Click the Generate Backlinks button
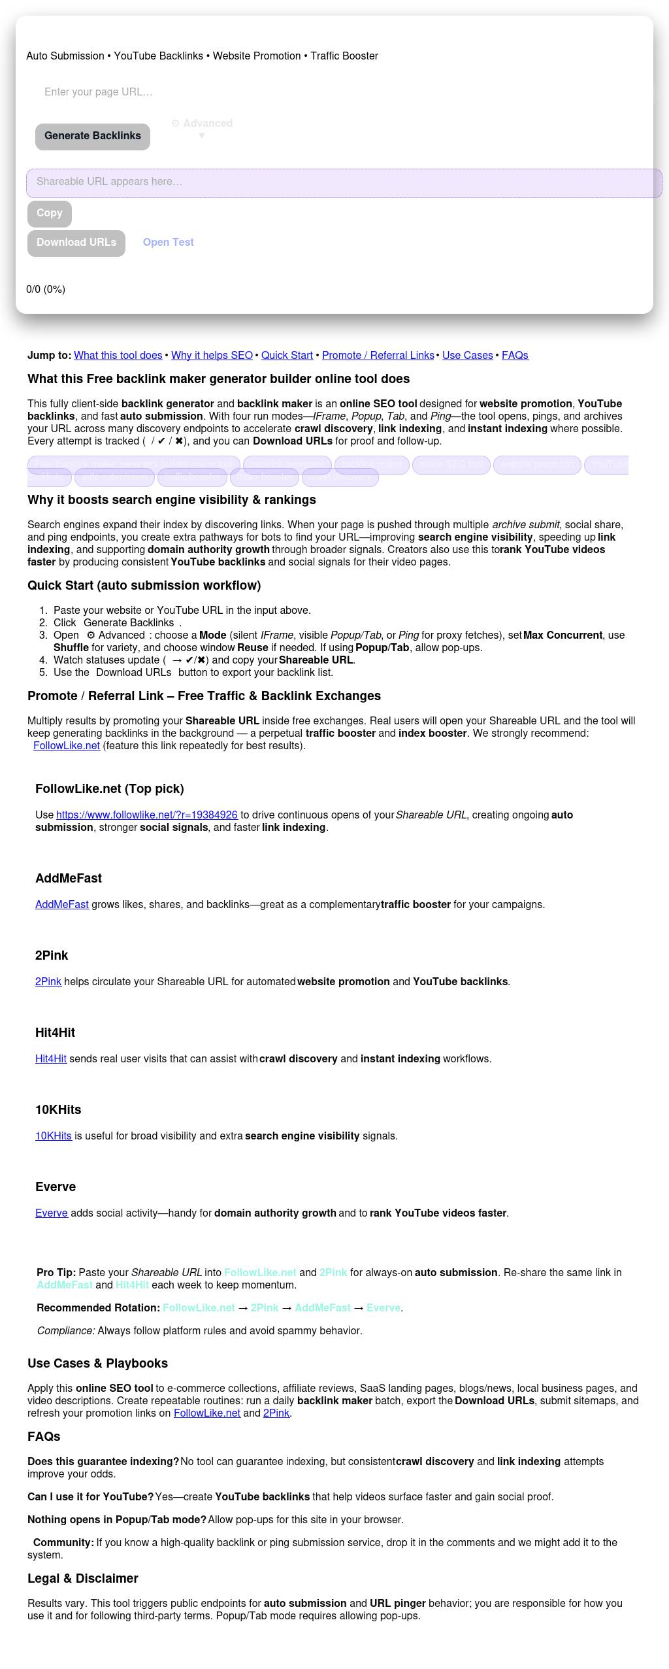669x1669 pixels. point(93,136)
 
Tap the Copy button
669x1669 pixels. point(50,213)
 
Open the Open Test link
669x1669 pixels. point(168,243)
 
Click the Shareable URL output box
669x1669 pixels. point(344,182)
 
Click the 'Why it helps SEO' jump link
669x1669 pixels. point(212,356)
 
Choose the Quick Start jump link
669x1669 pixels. point(287,356)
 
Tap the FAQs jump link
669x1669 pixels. point(515,356)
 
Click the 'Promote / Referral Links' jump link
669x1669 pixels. point(378,356)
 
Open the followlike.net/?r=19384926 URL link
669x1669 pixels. point(147,815)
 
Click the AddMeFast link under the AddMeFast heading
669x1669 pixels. point(62,905)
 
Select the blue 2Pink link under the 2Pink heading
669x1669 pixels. point(48,982)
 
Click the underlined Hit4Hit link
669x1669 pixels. point(51,1059)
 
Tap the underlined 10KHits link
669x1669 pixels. point(54,1136)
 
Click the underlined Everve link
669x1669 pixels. point(52,1213)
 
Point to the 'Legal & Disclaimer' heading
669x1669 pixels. point(83,1578)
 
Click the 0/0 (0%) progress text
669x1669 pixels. point(46,290)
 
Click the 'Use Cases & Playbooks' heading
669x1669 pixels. point(97,1364)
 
